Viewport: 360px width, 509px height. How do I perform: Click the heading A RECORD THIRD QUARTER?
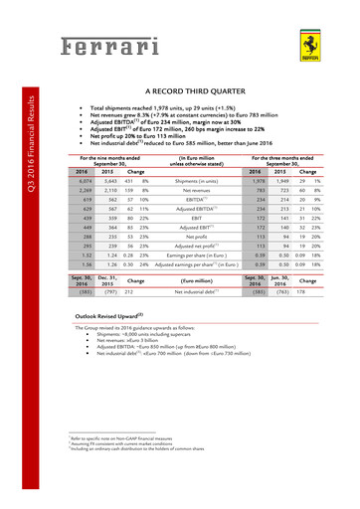coord(195,89)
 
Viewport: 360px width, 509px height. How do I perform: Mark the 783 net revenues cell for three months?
coord(258,192)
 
